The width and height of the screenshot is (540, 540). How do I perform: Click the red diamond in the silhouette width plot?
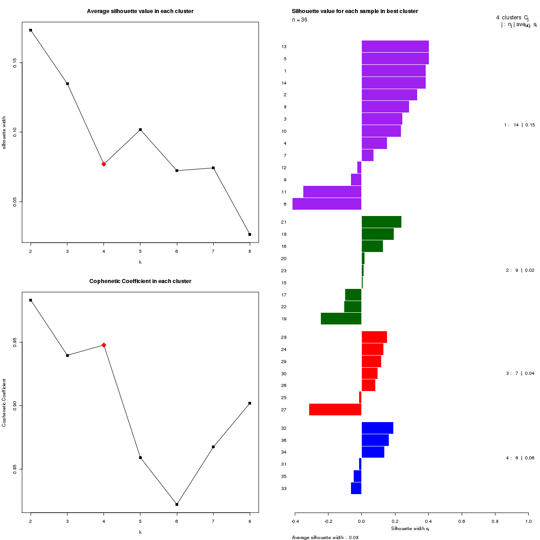pos(104,164)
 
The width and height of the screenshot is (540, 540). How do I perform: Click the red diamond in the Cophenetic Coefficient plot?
pos(104,345)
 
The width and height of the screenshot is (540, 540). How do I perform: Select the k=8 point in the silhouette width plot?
pos(250,234)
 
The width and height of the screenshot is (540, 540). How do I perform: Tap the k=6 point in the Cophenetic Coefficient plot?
pos(177,504)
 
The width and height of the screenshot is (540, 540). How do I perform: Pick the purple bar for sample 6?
pos(327,204)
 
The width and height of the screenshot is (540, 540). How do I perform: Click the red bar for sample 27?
pos(335,409)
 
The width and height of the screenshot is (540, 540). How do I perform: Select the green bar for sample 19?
pos(341,319)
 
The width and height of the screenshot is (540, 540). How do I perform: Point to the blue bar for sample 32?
pos(377,428)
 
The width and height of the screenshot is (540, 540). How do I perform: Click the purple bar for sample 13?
pos(395,46)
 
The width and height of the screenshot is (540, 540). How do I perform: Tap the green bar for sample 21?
pos(381,222)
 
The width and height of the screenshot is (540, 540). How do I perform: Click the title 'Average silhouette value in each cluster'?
pos(140,11)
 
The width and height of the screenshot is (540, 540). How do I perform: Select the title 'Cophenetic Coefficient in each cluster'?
pos(140,281)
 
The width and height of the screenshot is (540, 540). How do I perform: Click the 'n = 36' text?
pos(300,20)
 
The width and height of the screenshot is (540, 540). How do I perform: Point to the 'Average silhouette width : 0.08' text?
pos(325,537)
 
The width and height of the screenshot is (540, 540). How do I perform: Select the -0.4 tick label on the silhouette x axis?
pos(295,521)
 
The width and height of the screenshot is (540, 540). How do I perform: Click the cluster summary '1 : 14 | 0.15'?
pos(519,125)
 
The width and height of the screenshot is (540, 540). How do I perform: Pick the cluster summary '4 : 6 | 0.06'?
pos(520,458)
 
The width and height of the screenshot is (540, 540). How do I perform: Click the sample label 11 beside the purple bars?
pos(284,192)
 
